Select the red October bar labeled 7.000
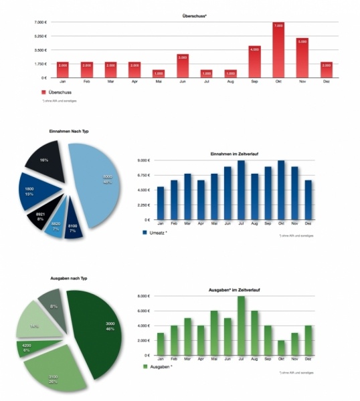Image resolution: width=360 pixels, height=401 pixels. [278, 50]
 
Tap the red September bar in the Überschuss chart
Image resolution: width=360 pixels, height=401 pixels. [254, 61]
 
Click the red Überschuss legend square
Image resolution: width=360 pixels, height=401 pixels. [43, 92]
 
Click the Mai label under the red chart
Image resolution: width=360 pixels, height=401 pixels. [158, 82]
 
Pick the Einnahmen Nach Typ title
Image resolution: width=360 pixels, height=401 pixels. [69, 131]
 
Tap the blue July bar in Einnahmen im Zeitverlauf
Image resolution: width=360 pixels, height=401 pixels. [241, 190]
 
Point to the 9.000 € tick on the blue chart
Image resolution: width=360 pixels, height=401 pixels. [144, 161]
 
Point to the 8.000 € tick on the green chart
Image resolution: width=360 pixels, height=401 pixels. [145, 296]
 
